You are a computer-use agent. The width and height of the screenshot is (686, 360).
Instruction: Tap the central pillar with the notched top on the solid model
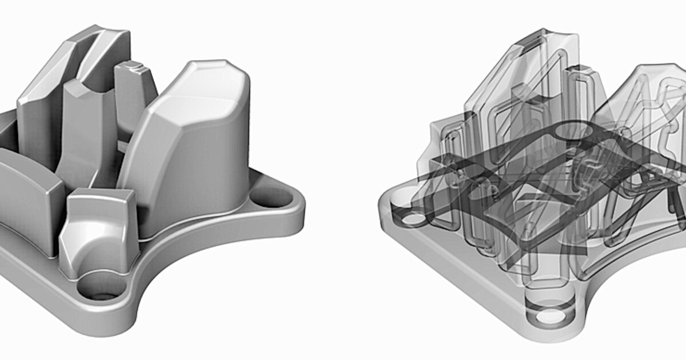click(x=86, y=131)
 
